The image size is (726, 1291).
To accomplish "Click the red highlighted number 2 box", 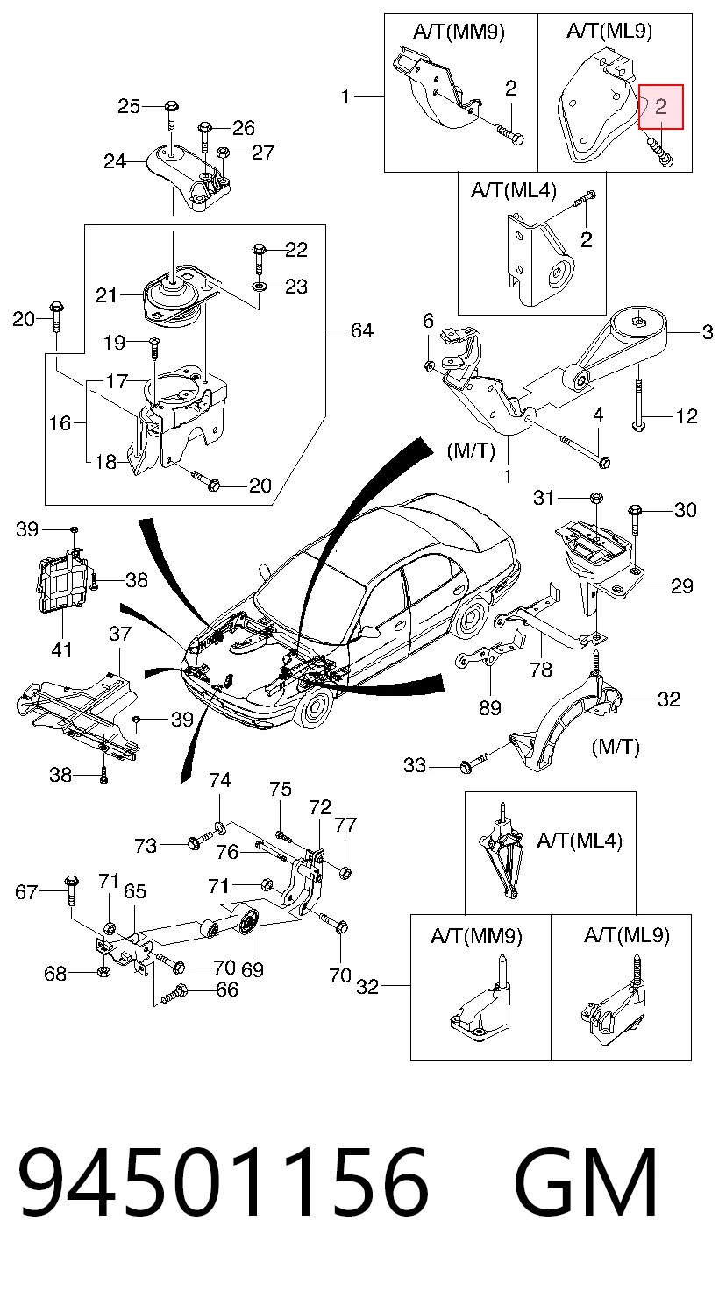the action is [661, 107].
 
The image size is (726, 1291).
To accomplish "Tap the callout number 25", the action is [129, 106].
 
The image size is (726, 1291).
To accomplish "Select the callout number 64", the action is [361, 330].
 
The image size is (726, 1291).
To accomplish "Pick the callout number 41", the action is [61, 650].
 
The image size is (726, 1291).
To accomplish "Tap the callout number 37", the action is [120, 634].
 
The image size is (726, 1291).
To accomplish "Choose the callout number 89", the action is [489, 708].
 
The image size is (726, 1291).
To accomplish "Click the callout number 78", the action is [541, 669].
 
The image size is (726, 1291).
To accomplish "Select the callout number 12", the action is [687, 415].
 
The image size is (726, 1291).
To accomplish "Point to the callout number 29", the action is [681, 586].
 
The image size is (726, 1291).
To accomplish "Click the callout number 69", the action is [252, 969].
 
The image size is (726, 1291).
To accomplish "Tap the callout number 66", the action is [226, 989].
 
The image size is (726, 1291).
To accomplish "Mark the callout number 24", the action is [115, 161].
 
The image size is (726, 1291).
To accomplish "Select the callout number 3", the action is [708, 332].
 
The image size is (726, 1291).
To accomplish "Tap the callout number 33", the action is [415, 765].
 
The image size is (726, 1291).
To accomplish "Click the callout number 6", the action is [428, 321].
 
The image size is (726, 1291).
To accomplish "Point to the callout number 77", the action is [345, 825].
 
